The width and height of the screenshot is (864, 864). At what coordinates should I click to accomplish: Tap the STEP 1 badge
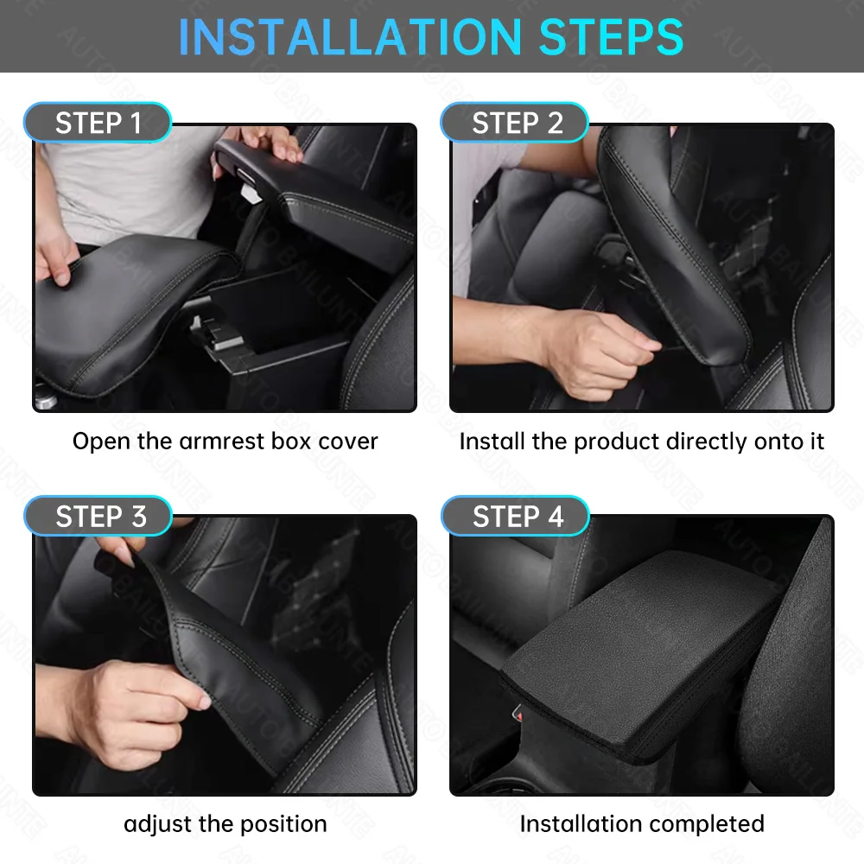pyautogui.click(x=98, y=124)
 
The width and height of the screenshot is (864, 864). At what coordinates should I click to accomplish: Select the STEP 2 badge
pyautogui.click(x=516, y=124)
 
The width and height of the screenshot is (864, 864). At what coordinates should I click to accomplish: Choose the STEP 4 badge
pyautogui.click(x=517, y=517)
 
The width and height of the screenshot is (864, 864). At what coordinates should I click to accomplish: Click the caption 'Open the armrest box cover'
pyautogui.click(x=225, y=442)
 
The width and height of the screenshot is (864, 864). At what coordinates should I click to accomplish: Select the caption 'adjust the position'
pyautogui.click(x=225, y=824)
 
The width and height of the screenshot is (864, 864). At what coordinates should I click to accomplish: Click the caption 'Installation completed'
pyautogui.click(x=641, y=824)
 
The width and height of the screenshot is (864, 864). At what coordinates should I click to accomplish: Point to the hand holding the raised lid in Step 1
pyautogui.click(x=268, y=143)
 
